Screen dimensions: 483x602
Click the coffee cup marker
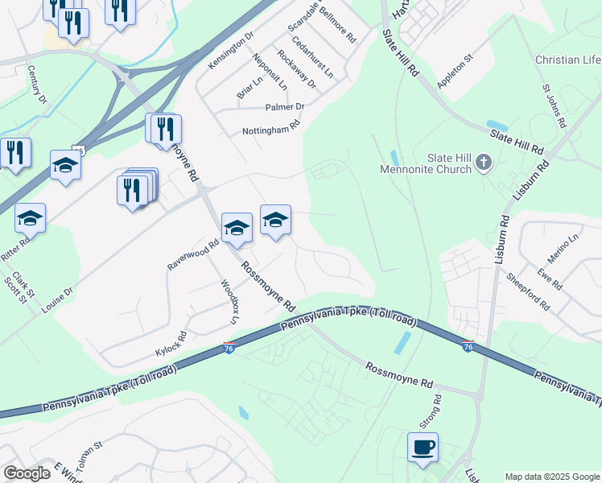tap(423, 447)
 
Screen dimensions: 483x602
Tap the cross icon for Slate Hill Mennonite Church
tap(483, 163)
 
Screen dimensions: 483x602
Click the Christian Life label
tap(568, 60)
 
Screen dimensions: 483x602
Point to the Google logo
tap(27, 473)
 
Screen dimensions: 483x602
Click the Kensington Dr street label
tap(231, 50)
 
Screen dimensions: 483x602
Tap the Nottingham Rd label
tap(271, 127)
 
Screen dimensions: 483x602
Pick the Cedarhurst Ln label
tap(313, 57)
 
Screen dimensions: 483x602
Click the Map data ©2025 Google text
tap(552, 477)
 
